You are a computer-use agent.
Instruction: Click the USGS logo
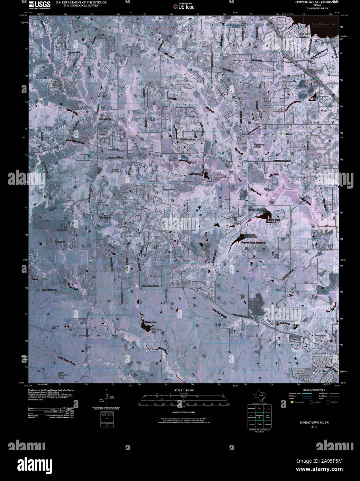(x=39, y=4)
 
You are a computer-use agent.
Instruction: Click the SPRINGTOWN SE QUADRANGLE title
(x=317, y=2)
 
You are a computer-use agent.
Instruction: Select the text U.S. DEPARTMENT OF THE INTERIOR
(x=76, y=2)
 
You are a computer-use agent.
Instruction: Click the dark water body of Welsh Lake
(x=145, y=325)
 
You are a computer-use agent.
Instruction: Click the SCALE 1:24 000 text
(x=181, y=390)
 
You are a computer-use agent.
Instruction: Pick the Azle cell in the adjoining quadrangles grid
(x=259, y=409)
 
